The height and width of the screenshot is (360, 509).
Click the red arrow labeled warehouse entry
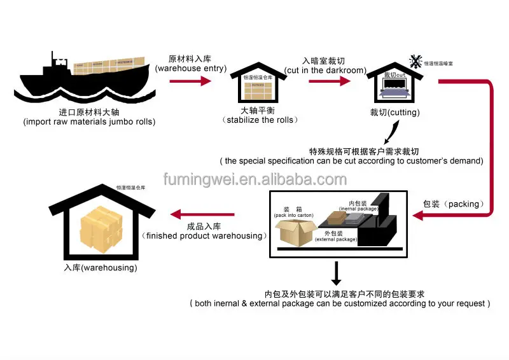[190, 81]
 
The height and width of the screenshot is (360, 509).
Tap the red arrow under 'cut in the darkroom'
[325, 81]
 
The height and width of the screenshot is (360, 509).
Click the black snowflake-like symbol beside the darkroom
[415, 62]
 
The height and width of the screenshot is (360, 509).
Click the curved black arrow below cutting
[391, 132]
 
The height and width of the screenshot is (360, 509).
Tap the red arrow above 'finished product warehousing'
[204, 214]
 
